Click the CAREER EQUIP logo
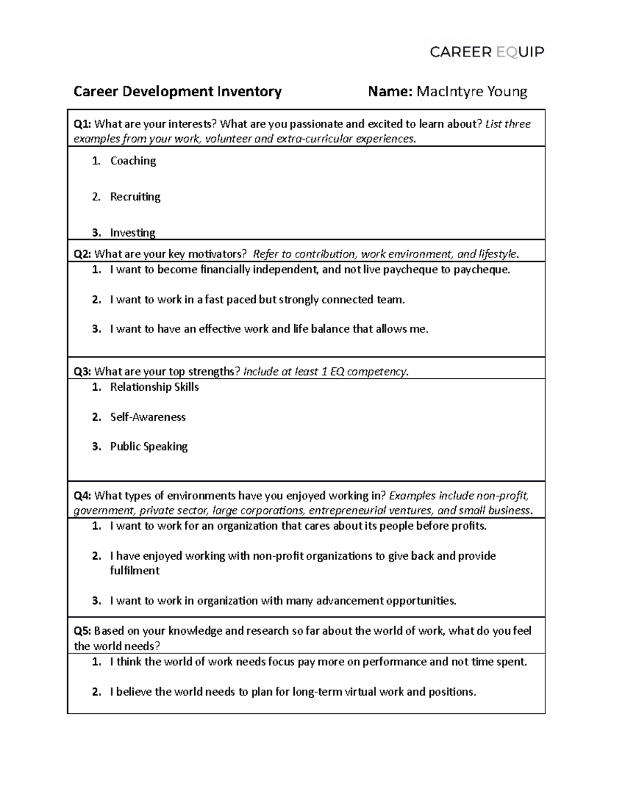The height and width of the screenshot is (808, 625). click(486, 52)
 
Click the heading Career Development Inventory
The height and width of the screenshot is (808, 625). click(178, 92)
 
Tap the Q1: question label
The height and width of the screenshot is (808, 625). click(82, 124)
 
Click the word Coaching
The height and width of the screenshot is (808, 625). click(133, 161)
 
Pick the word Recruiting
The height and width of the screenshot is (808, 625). click(135, 197)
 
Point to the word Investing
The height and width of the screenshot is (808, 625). click(132, 233)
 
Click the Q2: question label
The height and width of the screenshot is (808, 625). click(82, 254)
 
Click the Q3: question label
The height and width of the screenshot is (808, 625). click(82, 371)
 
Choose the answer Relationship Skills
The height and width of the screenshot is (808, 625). click(154, 387)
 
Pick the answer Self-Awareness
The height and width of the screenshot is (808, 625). click(147, 417)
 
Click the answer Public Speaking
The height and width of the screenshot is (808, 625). click(148, 446)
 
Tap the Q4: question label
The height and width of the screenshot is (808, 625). click(82, 495)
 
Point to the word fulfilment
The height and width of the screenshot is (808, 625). click(134, 571)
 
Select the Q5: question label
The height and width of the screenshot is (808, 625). click(82, 631)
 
